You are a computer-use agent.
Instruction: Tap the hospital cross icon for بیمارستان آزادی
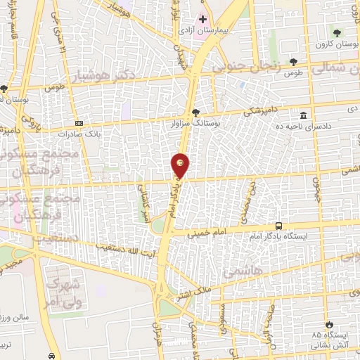click(203, 18)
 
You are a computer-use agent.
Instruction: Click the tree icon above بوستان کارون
click(338, 32)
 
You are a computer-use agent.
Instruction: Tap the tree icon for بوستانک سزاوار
click(195, 112)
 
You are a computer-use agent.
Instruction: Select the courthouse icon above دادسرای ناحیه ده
click(303, 115)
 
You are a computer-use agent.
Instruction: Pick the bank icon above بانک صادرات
click(79, 122)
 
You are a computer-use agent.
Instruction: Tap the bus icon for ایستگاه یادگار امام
click(279, 226)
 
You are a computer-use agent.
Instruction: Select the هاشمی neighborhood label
click(241, 271)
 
